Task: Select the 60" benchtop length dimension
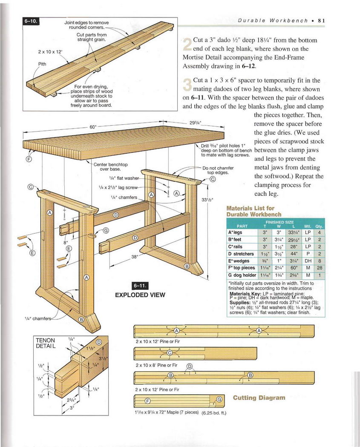tap(93, 127)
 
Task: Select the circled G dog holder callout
tap(106, 231)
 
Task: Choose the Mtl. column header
tap(307, 226)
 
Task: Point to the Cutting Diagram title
tap(259, 398)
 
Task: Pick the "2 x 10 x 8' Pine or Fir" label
tap(156, 365)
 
